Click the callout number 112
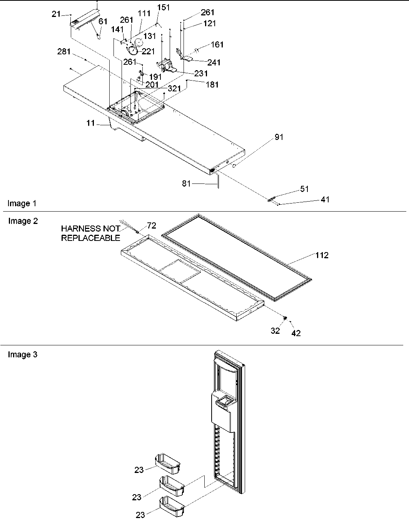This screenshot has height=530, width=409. coord(322,255)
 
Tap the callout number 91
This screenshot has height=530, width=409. coord(279,137)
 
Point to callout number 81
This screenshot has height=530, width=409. coord(187,184)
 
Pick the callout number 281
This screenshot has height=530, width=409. coord(64,52)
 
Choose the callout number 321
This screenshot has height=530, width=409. coord(174,89)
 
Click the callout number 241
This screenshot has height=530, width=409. coord(214,62)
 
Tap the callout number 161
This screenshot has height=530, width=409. coord(217,45)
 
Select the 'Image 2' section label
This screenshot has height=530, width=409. coord(23,221)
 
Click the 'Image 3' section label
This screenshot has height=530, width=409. coord(23,355)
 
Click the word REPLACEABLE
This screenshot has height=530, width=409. coord(91,238)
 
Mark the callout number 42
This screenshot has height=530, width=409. coord(296,333)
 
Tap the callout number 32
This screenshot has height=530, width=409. coord(275,331)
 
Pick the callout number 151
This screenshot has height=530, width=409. coord(164,8)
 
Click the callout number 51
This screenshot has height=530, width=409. coord(304,189)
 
